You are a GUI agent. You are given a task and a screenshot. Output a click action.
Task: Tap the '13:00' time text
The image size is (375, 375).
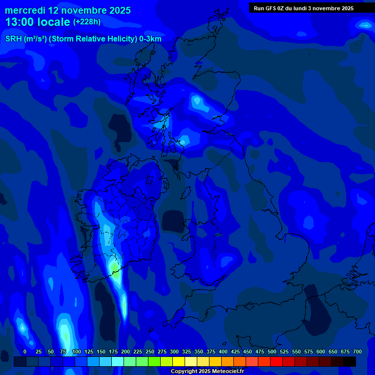19,22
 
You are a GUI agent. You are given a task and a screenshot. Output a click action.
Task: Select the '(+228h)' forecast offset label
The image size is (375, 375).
87,21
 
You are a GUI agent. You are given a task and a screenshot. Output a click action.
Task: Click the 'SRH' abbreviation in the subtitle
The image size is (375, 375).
13,39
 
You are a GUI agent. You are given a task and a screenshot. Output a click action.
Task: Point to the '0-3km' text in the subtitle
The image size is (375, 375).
150,39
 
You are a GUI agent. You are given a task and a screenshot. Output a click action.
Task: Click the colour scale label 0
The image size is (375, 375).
25,352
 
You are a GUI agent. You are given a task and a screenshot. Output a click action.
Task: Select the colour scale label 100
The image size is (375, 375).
76,352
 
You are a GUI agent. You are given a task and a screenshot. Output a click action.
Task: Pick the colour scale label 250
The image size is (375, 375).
150,352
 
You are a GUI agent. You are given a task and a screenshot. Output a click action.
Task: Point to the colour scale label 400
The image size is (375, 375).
223,352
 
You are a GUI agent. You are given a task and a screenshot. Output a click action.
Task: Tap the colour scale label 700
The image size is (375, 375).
357,352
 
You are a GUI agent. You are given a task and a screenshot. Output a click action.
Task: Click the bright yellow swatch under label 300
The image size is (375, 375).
179,361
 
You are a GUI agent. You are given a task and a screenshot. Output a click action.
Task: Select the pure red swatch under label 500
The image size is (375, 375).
276,361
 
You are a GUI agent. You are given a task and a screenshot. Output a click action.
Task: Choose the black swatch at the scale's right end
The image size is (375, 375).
350,361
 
